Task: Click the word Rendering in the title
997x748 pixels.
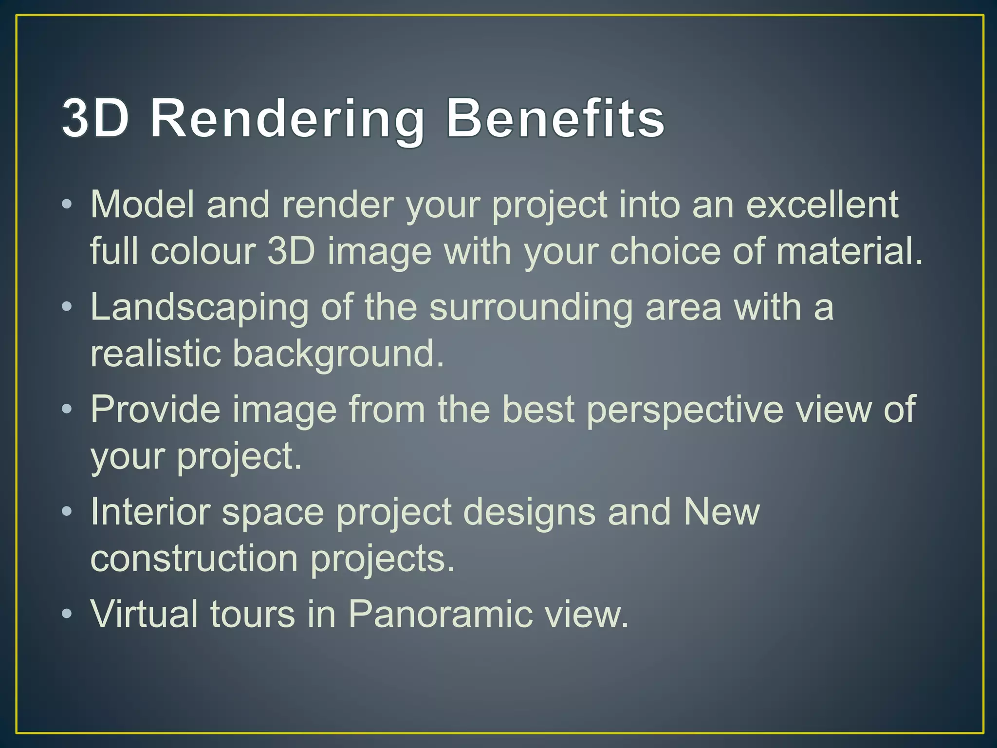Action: point(287,119)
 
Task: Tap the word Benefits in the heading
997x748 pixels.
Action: point(555,119)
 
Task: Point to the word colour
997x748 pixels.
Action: point(203,251)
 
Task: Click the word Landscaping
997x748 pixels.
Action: point(200,308)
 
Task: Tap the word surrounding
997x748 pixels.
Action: point(531,308)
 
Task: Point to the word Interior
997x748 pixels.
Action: point(150,512)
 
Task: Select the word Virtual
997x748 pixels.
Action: point(144,614)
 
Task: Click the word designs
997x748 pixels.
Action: point(529,512)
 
